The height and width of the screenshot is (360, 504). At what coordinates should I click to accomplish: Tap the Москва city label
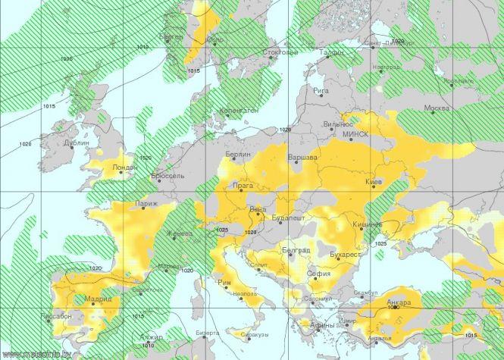(437, 108)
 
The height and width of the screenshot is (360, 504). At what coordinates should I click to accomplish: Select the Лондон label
(124, 167)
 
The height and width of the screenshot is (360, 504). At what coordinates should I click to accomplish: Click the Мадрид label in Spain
(98, 299)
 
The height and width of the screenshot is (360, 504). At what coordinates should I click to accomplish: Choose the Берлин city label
(237, 155)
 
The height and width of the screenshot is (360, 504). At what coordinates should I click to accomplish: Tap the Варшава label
(302, 158)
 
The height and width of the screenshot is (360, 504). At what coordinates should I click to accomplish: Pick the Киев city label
(374, 183)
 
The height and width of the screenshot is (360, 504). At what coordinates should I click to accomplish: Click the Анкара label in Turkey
(398, 302)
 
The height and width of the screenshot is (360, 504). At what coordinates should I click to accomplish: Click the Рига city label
(321, 90)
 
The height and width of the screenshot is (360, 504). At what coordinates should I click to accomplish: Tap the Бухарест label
(344, 255)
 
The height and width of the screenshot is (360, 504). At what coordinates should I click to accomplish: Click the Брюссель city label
(167, 175)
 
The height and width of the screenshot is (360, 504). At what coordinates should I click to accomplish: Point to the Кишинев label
(367, 224)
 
